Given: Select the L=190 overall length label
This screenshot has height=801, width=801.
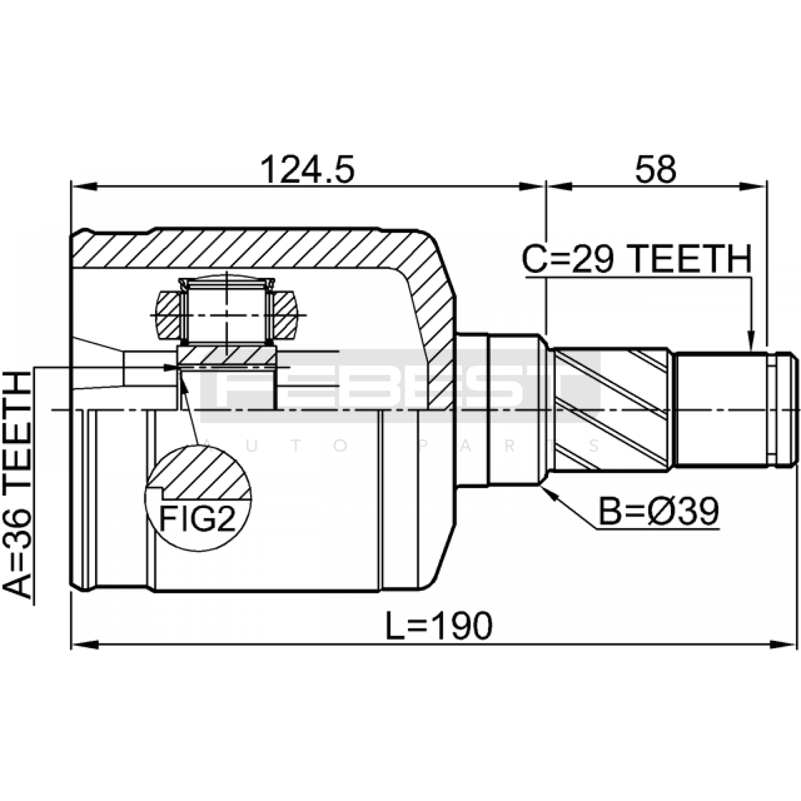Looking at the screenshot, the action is [x=439, y=625].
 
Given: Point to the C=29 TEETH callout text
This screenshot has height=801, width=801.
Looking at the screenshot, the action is [x=637, y=258].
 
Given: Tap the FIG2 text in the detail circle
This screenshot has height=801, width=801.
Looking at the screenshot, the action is [x=197, y=519].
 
